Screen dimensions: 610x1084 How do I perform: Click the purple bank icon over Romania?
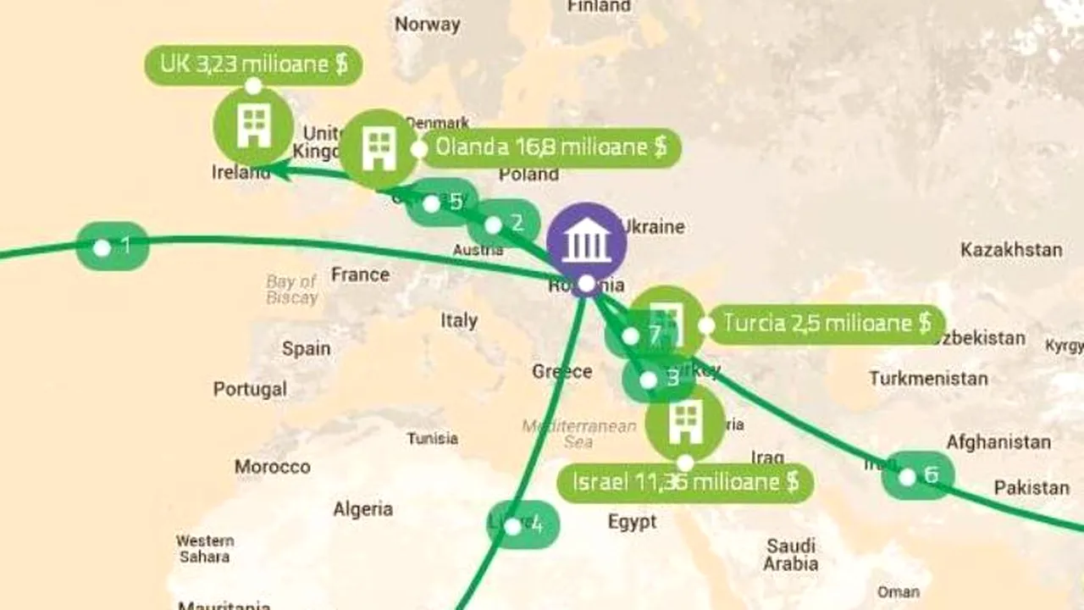click(586, 243)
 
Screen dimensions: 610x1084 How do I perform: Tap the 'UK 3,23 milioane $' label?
click(253, 65)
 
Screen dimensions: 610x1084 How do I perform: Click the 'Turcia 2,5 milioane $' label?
click(826, 324)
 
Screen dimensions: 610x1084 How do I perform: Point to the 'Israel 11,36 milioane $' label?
click(685, 483)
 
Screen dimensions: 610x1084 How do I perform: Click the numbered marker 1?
click(113, 247)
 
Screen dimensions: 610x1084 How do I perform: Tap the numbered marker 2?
click(503, 224)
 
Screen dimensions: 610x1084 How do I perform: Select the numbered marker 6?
click(918, 476)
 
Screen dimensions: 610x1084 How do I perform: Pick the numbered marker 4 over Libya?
click(523, 525)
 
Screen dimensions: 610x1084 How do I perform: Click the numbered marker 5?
click(442, 202)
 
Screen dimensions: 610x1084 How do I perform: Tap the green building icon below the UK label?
click(253, 127)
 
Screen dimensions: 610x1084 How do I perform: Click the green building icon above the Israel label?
click(685, 423)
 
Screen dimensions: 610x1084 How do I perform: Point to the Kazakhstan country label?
click(1010, 250)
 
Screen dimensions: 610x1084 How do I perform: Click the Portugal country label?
click(250, 390)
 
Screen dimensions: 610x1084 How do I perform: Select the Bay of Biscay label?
click(291, 289)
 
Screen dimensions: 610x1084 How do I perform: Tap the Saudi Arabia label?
click(791, 554)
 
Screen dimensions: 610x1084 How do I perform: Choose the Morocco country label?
click(273, 467)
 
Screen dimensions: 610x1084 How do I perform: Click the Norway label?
click(428, 24)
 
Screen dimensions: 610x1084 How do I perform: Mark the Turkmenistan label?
click(928, 378)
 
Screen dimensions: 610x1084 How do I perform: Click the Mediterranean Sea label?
click(579, 434)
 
